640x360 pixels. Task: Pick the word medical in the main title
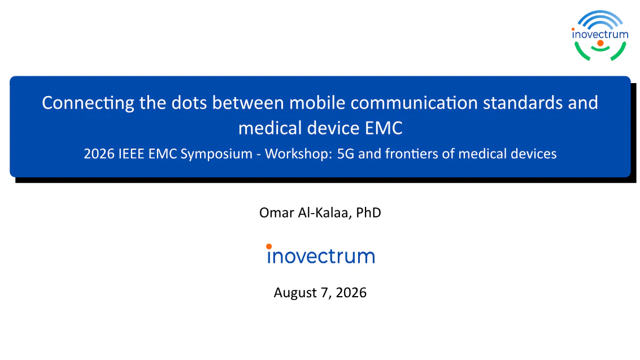(x=270, y=128)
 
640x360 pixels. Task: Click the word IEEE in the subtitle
(x=131, y=154)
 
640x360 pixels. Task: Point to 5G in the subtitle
(x=345, y=154)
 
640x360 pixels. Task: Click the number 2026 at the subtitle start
(x=99, y=154)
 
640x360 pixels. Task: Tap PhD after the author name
(x=368, y=212)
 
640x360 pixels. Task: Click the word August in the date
(x=295, y=293)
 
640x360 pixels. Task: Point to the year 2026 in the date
(x=351, y=293)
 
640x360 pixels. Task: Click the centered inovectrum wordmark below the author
(x=320, y=254)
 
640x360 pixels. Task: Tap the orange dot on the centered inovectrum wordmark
(x=268, y=246)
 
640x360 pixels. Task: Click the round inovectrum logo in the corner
(x=599, y=36)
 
